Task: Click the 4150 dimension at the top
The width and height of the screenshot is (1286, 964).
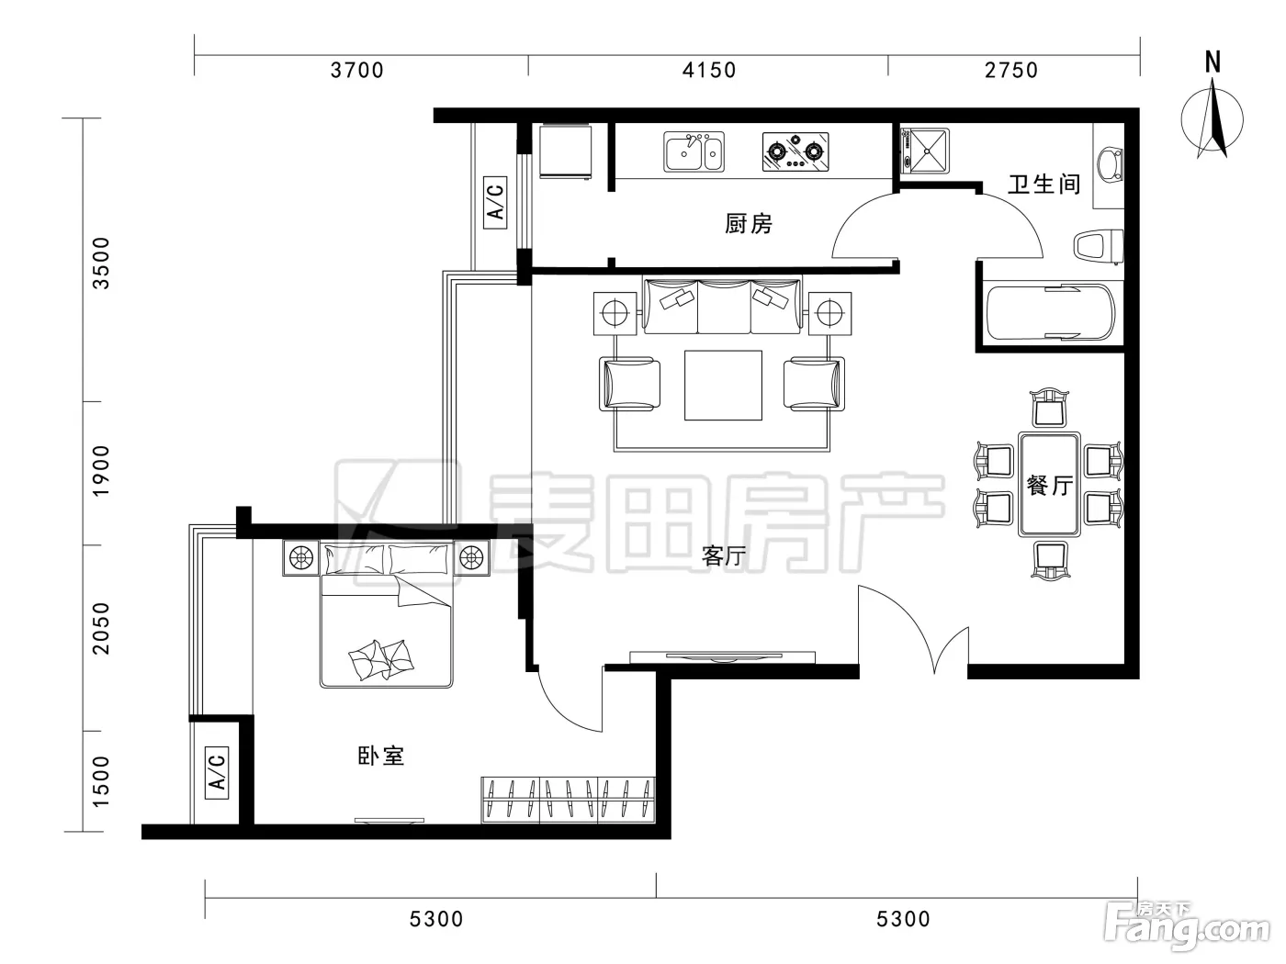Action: (x=709, y=71)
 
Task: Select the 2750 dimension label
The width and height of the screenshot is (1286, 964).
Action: (x=1011, y=71)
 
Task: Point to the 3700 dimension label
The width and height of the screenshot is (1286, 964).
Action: (x=356, y=71)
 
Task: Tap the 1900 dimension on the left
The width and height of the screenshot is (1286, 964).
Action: (x=101, y=471)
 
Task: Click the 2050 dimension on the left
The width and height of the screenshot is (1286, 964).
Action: (x=101, y=628)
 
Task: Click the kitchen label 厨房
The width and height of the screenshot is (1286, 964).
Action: (x=749, y=224)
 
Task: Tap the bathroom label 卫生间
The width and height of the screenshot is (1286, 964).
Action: (x=1044, y=184)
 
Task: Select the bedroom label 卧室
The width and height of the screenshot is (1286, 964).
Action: (x=381, y=757)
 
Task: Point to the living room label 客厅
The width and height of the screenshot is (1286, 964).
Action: (x=724, y=556)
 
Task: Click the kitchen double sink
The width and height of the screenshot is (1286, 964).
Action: (x=694, y=151)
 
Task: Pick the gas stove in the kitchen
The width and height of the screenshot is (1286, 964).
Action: (x=795, y=151)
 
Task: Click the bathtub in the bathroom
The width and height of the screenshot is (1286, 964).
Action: (x=1051, y=312)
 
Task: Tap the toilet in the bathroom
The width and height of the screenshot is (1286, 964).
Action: (x=1098, y=247)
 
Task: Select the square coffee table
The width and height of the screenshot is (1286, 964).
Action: (x=724, y=385)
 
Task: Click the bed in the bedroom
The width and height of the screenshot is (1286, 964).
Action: (x=386, y=614)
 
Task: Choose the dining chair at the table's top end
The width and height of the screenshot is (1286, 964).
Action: (x=1049, y=408)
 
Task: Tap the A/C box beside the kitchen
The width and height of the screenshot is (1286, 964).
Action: (x=495, y=202)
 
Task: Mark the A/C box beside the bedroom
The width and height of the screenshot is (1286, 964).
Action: (x=217, y=773)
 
